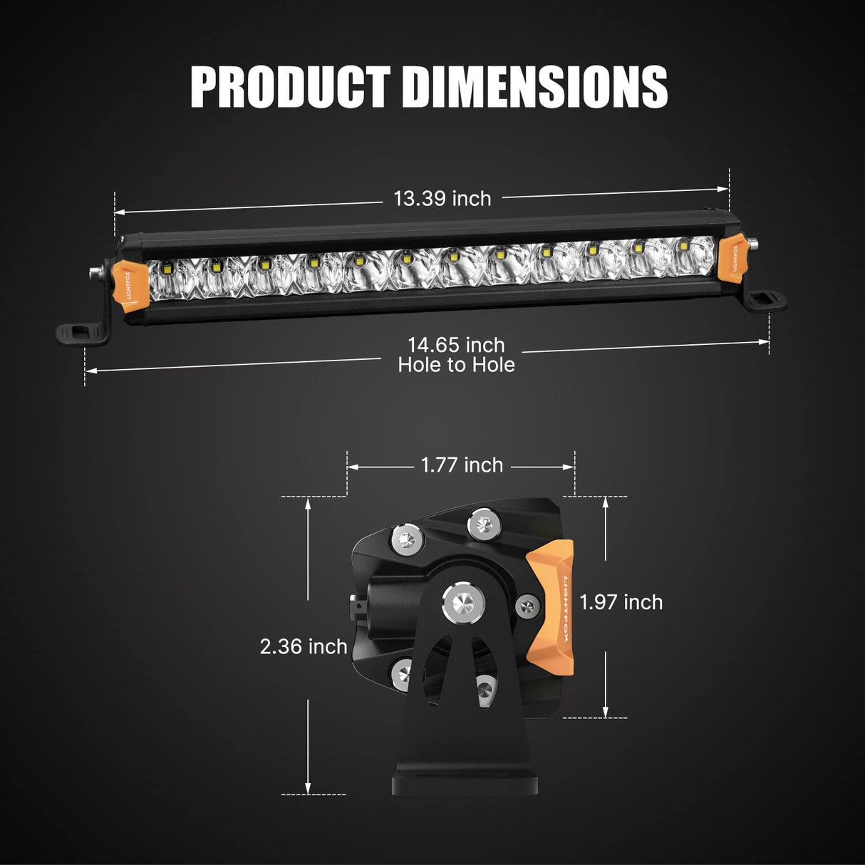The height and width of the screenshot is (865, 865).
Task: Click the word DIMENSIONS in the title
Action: click(x=534, y=87)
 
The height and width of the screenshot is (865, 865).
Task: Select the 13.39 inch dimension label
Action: click(x=442, y=198)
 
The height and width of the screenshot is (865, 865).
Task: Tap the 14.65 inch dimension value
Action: click(x=456, y=345)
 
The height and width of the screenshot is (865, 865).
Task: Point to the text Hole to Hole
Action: click(x=456, y=365)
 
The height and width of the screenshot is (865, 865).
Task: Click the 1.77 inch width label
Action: click(x=462, y=465)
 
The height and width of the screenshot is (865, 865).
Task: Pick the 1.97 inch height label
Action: click(x=621, y=602)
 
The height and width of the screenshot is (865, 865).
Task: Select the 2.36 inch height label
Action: click(x=304, y=646)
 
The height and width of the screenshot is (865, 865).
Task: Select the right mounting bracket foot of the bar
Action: click(x=764, y=301)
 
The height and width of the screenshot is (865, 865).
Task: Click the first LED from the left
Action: click(x=166, y=269)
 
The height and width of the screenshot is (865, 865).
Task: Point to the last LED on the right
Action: click(x=683, y=246)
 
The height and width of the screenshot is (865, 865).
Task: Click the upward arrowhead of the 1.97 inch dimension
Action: click(x=605, y=502)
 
